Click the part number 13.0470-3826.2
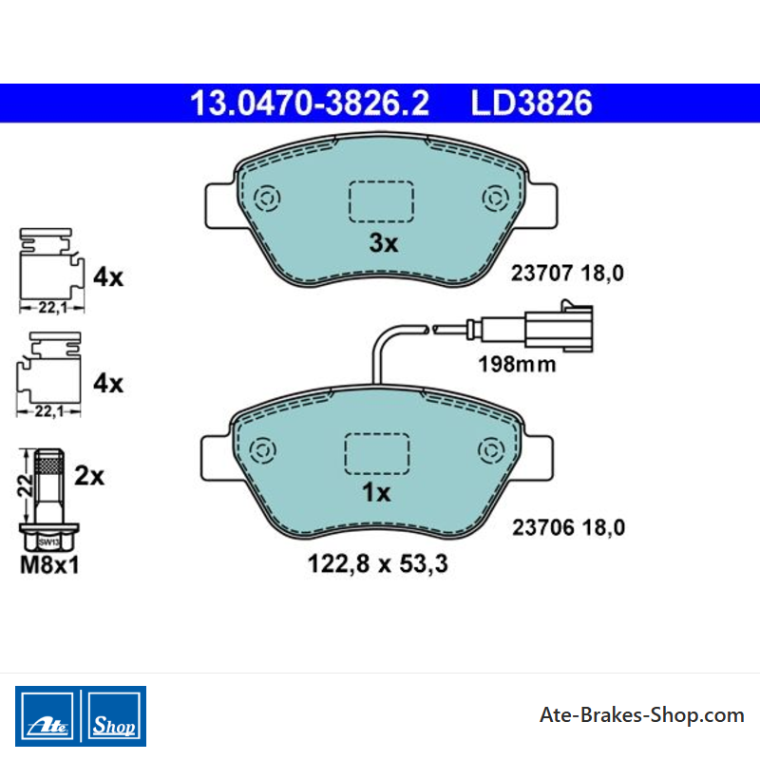coord(310,104)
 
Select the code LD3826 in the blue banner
coord(532,104)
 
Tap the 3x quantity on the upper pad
coord(384,243)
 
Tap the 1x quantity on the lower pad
coord(376,492)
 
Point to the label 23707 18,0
coord(567,274)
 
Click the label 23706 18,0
coord(568,527)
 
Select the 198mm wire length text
coord(517,365)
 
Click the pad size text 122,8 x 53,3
coord(377,563)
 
